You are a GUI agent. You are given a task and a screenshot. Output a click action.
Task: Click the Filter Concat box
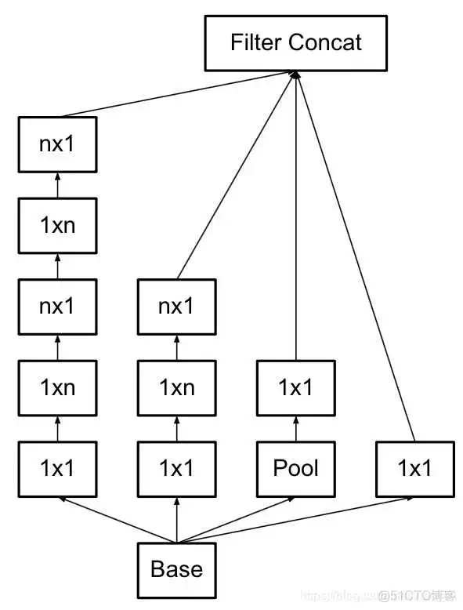click(x=295, y=42)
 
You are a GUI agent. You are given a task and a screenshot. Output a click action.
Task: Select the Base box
click(x=176, y=569)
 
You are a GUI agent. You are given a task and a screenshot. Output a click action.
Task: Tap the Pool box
click(x=295, y=469)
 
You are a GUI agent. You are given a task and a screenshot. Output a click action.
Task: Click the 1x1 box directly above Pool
click(x=295, y=387)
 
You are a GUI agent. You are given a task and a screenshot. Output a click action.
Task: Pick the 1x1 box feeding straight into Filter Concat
click(x=414, y=469)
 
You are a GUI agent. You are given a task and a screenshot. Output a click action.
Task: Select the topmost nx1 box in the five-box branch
click(x=57, y=144)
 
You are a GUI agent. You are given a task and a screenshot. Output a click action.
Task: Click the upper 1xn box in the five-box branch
click(x=57, y=226)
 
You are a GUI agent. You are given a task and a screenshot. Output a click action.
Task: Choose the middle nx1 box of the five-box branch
click(x=57, y=307)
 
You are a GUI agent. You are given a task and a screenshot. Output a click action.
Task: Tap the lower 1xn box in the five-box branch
click(x=57, y=387)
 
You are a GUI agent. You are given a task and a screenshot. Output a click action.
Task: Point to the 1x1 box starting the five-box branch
click(x=57, y=469)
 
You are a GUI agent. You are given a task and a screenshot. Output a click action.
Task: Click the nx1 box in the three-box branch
click(x=176, y=307)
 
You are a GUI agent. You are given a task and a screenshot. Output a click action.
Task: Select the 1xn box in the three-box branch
click(x=176, y=387)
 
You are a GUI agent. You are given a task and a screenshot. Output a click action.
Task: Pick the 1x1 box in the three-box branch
click(x=176, y=469)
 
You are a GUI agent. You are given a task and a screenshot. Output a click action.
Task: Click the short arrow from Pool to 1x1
click(x=295, y=428)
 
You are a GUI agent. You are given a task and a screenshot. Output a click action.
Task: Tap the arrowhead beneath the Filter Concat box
click(x=295, y=74)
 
